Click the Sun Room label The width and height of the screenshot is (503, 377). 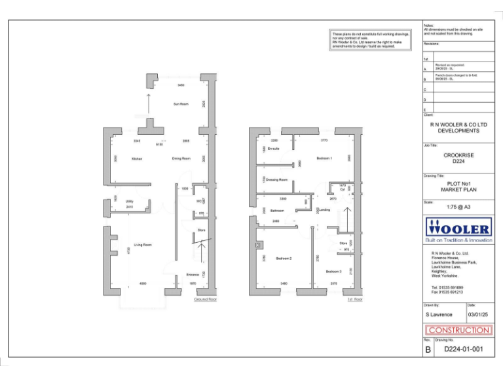[181, 104]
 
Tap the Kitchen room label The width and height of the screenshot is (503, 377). [137, 158]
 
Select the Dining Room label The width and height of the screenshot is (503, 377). [181, 158]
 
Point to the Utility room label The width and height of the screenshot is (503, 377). [130, 201]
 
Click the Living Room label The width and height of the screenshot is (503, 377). [143, 245]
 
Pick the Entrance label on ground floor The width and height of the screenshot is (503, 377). [193, 274]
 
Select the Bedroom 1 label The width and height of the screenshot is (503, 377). [324, 158]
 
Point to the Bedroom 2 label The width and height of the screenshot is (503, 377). [284, 259]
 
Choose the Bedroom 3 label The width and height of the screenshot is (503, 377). [333, 271]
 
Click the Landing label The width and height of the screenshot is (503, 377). [325, 210]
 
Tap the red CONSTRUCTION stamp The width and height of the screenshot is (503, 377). [458, 331]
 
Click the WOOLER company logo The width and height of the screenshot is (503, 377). [458, 228]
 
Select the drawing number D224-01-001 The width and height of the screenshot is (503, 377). [464, 350]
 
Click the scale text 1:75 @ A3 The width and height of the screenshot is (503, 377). [458, 207]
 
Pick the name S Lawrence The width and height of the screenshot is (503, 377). [439, 315]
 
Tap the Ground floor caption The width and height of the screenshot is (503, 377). [205, 299]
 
